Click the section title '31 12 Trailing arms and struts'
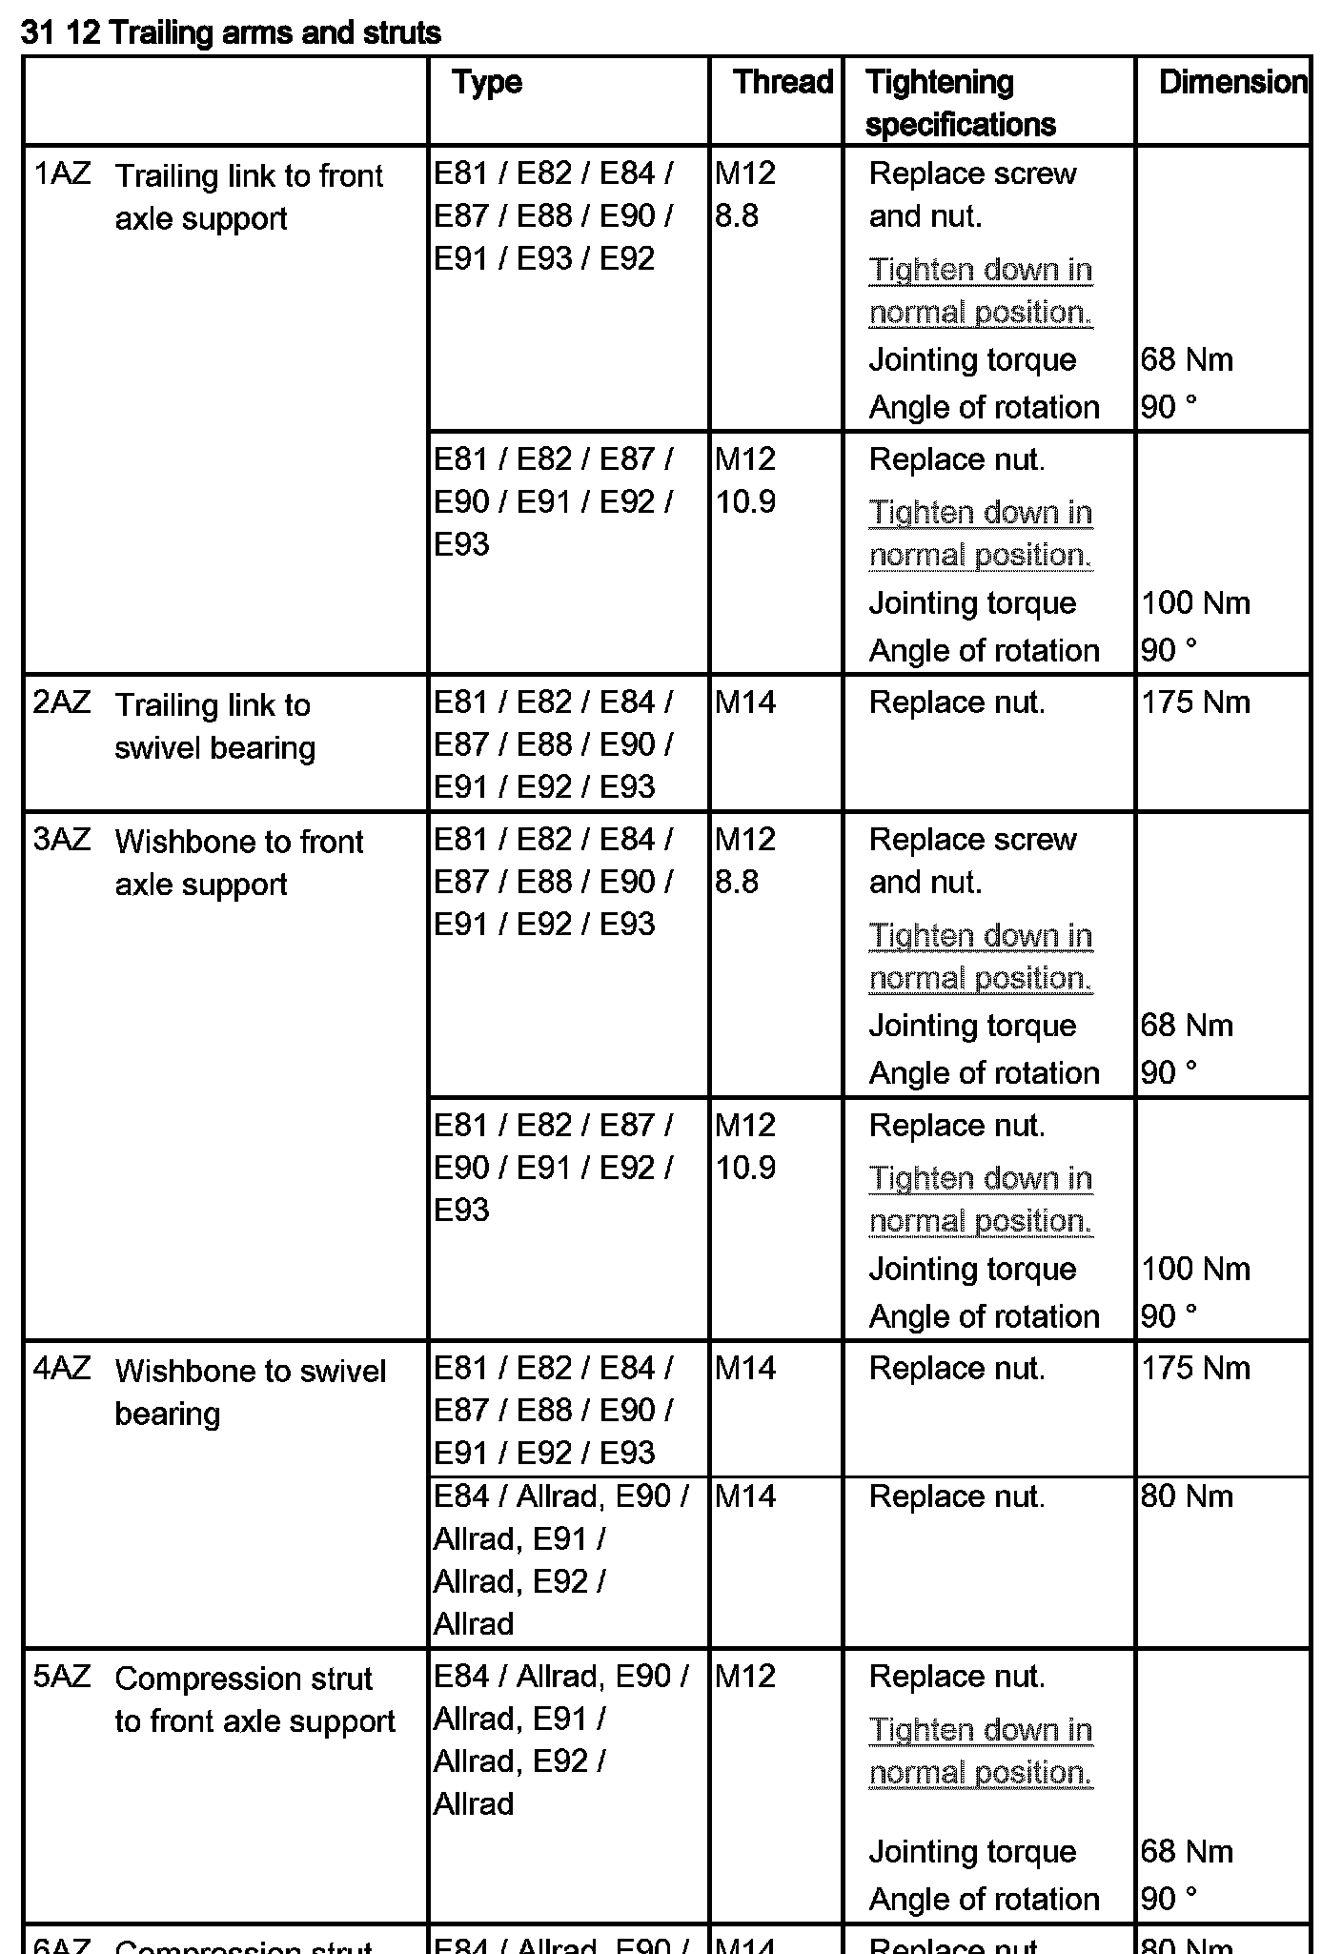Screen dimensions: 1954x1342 click(231, 33)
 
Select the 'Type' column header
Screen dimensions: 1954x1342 click(487, 82)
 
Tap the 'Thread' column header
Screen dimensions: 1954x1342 click(783, 82)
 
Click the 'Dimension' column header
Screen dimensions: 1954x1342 click(1232, 82)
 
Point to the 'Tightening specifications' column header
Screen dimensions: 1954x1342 click(961, 103)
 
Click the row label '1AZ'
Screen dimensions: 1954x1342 click(62, 174)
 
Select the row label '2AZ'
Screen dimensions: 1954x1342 click(62, 703)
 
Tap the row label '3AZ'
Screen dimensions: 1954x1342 click(62, 841)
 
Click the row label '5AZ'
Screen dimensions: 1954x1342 click(62, 1677)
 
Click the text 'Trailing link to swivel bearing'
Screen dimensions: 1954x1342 click(214, 726)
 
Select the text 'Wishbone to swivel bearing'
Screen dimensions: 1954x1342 click(250, 1392)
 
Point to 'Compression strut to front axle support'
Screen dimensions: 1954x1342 click(254, 1700)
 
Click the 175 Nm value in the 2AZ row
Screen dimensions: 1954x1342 click(1195, 703)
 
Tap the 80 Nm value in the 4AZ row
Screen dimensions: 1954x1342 click(1187, 1496)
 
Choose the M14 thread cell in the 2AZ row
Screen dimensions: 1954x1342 click(745, 703)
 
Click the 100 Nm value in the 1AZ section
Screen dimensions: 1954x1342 click(1195, 603)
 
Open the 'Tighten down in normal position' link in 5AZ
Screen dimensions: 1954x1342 click(981, 1752)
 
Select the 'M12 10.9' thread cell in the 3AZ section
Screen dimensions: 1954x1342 click(745, 1147)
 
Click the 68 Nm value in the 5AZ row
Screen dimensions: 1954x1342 click(1187, 1851)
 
